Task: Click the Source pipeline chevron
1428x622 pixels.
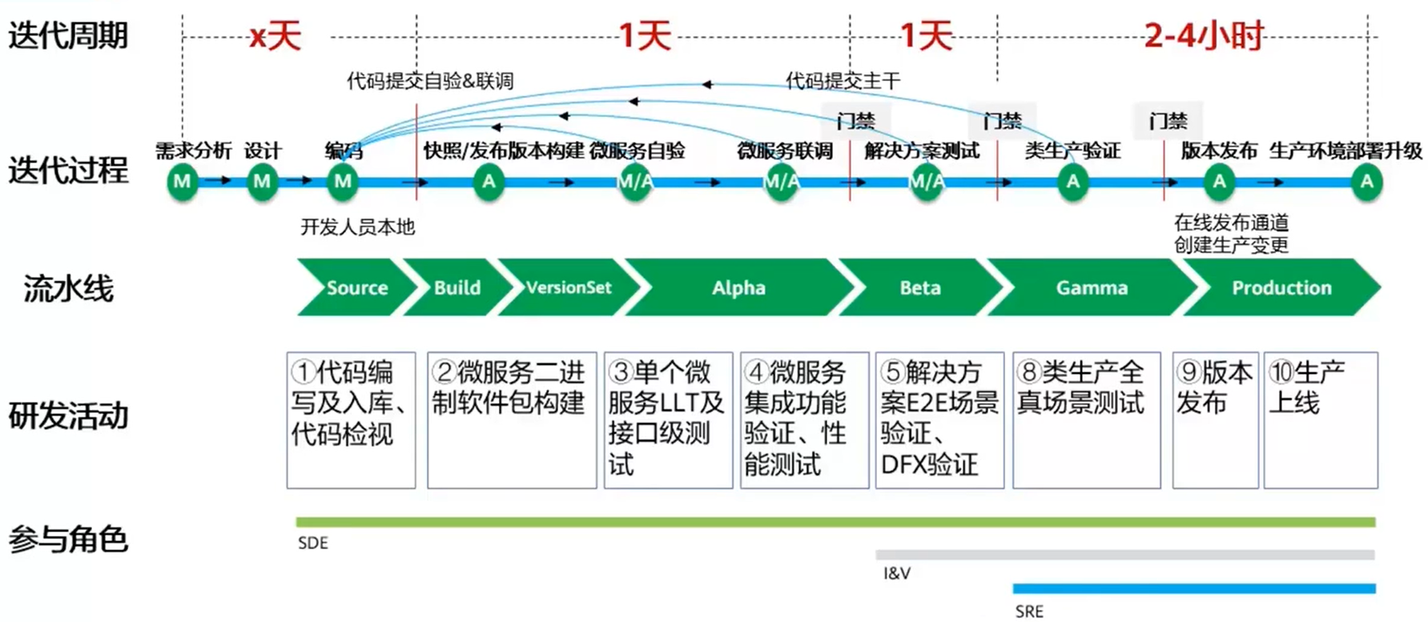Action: tap(356, 287)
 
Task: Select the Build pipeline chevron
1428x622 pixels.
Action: tap(457, 287)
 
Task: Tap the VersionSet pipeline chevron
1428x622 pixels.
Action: tap(569, 287)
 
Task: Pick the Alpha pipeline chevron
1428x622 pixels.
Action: tap(738, 287)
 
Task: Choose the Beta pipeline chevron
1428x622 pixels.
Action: tap(919, 287)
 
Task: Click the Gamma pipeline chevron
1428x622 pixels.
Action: tap(1091, 287)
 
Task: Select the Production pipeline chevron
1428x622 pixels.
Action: tap(1281, 287)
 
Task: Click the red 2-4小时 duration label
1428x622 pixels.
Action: tap(1203, 36)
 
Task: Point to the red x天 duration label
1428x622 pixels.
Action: tap(275, 37)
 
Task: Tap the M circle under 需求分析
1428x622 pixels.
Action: tap(183, 182)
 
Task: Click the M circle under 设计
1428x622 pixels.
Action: tap(262, 182)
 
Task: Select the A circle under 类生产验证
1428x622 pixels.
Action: tap(1072, 182)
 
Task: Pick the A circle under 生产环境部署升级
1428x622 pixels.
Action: tap(1366, 182)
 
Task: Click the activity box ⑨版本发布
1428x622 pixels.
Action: tap(1214, 419)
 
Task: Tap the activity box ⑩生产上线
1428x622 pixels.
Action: tap(1320, 419)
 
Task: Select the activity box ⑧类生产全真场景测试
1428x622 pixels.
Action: tap(1086, 419)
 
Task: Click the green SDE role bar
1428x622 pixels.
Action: tap(835, 522)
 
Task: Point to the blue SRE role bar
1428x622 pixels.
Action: tap(1193, 588)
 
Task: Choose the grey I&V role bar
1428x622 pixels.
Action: tap(1124, 554)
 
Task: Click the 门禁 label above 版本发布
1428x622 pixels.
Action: tap(1168, 121)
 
